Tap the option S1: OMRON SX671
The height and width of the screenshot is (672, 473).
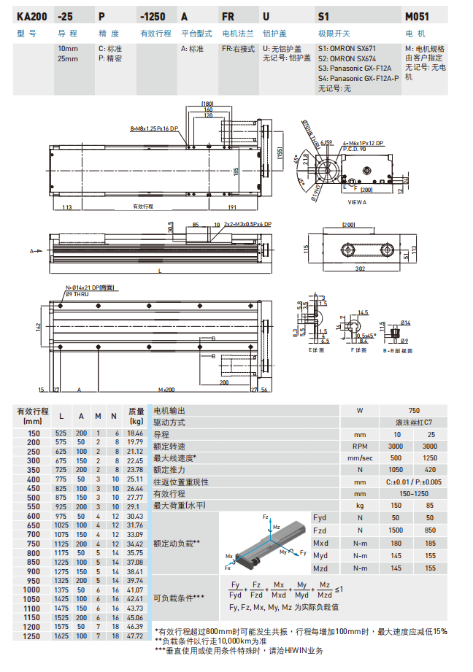[x=347, y=49]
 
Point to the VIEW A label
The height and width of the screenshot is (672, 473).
[x=358, y=201]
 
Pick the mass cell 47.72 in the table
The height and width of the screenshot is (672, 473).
[x=135, y=636]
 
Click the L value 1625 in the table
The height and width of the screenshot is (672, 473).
[x=61, y=636]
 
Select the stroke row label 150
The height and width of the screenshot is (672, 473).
[x=34, y=433]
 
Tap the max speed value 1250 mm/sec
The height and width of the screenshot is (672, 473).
[x=430, y=458]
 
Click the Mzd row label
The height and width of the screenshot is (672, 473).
[x=320, y=567]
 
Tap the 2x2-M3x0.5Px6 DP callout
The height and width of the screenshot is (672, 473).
[x=247, y=224]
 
